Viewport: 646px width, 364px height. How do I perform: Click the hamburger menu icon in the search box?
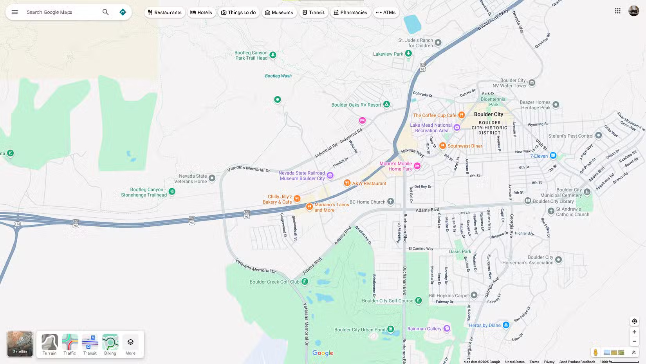tap(15, 12)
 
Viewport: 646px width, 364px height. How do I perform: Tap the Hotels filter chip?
tap(201, 13)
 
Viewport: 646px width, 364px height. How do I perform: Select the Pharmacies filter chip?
tap(350, 13)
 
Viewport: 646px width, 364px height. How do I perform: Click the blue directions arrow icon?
tap(123, 12)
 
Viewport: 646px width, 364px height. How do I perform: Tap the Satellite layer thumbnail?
tap(20, 344)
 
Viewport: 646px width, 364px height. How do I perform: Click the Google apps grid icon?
tap(617, 11)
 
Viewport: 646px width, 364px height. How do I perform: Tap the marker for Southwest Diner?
tap(442, 146)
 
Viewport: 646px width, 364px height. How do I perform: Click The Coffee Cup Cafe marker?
tap(462, 115)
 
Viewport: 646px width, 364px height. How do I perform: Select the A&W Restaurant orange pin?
tap(347, 183)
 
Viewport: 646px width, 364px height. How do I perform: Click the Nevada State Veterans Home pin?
tap(212, 178)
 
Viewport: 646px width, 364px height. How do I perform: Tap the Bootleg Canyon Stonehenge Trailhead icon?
tap(172, 192)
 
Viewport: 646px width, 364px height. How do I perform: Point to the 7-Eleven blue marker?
tap(553, 156)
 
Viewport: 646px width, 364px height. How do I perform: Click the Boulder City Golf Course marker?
tap(419, 300)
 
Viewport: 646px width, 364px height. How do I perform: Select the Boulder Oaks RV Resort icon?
tap(386, 104)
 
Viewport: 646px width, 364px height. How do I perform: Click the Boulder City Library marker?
tap(528, 201)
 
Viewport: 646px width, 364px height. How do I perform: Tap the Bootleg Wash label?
tap(278, 76)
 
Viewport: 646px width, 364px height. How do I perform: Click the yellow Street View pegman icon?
tap(595, 352)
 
